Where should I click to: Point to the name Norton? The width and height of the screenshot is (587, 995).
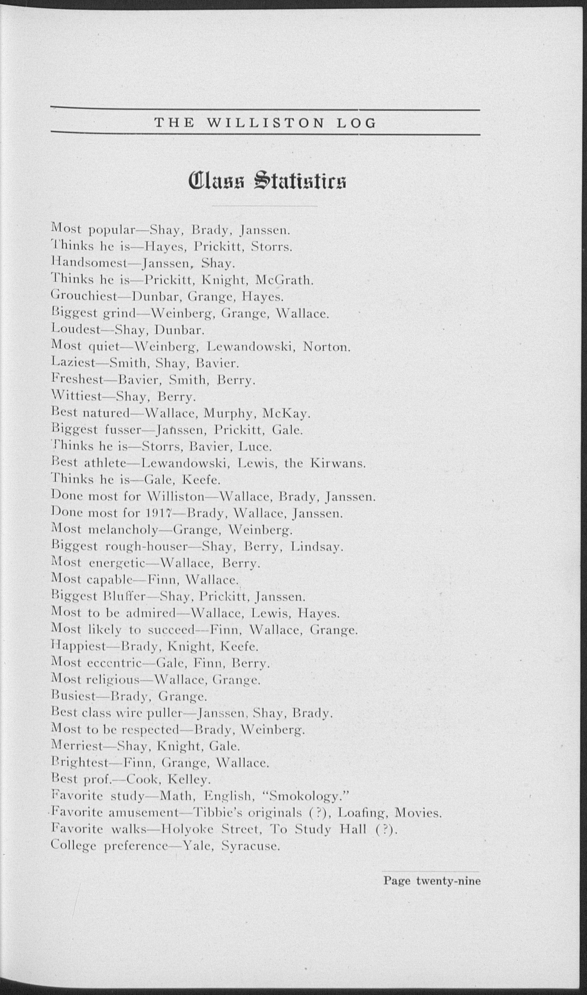(x=327, y=347)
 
